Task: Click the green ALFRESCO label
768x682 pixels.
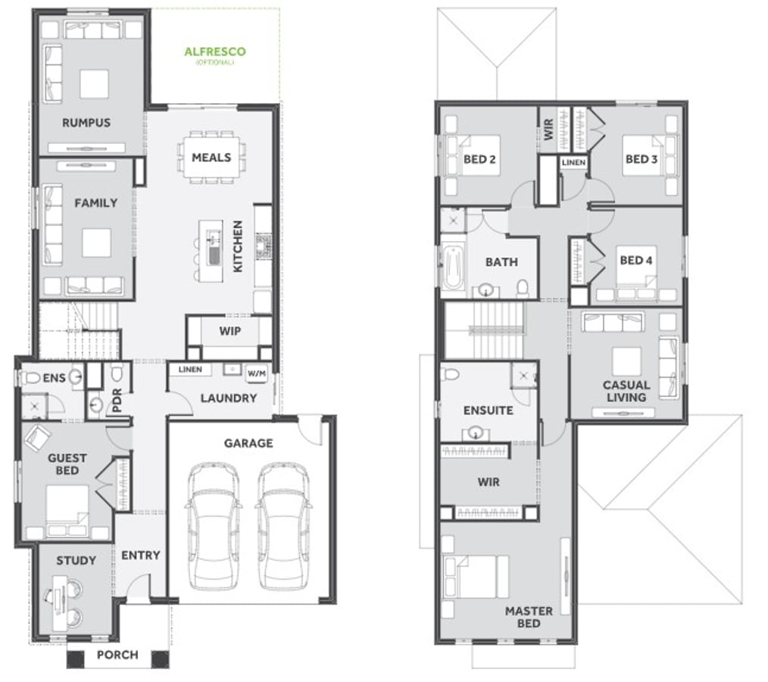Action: pyautogui.click(x=215, y=52)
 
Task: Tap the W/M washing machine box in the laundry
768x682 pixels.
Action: pyautogui.click(x=257, y=374)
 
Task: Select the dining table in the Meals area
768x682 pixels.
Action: pyautogui.click(x=211, y=158)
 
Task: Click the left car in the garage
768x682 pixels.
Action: pyautogui.click(x=213, y=526)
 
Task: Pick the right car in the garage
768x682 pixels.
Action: pyautogui.click(x=283, y=526)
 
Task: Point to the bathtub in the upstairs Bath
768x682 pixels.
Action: pyautogui.click(x=454, y=268)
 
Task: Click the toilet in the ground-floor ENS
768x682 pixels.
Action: pyautogui.click(x=30, y=377)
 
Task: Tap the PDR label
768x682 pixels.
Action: pyautogui.click(x=117, y=401)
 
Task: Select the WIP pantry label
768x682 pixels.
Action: pyautogui.click(x=229, y=331)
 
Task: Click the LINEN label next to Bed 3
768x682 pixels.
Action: pyautogui.click(x=573, y=162)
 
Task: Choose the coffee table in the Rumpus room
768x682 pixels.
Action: pyautogui.click(x=94, y=84)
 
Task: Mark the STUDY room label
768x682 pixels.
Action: pyautogui.click(x=76, y=561)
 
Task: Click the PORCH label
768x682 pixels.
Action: pyautogui.click(x=117, y=655)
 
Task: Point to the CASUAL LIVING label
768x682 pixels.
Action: pyautogui.click(x=626, y=391)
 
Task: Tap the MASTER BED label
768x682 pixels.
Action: pyautogui.click(x=529, y=618)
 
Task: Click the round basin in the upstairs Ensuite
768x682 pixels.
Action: pyautogui.click(x=475, y=433)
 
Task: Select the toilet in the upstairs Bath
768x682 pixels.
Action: pyautogui.click(x=523, y=288)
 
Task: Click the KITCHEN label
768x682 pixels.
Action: pyautogui.click(x=238, y=246)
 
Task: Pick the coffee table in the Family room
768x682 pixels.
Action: pyautogui.click(x=96, y=243)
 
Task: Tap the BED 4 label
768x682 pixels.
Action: pyautogui.click(x=636, y=260)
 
